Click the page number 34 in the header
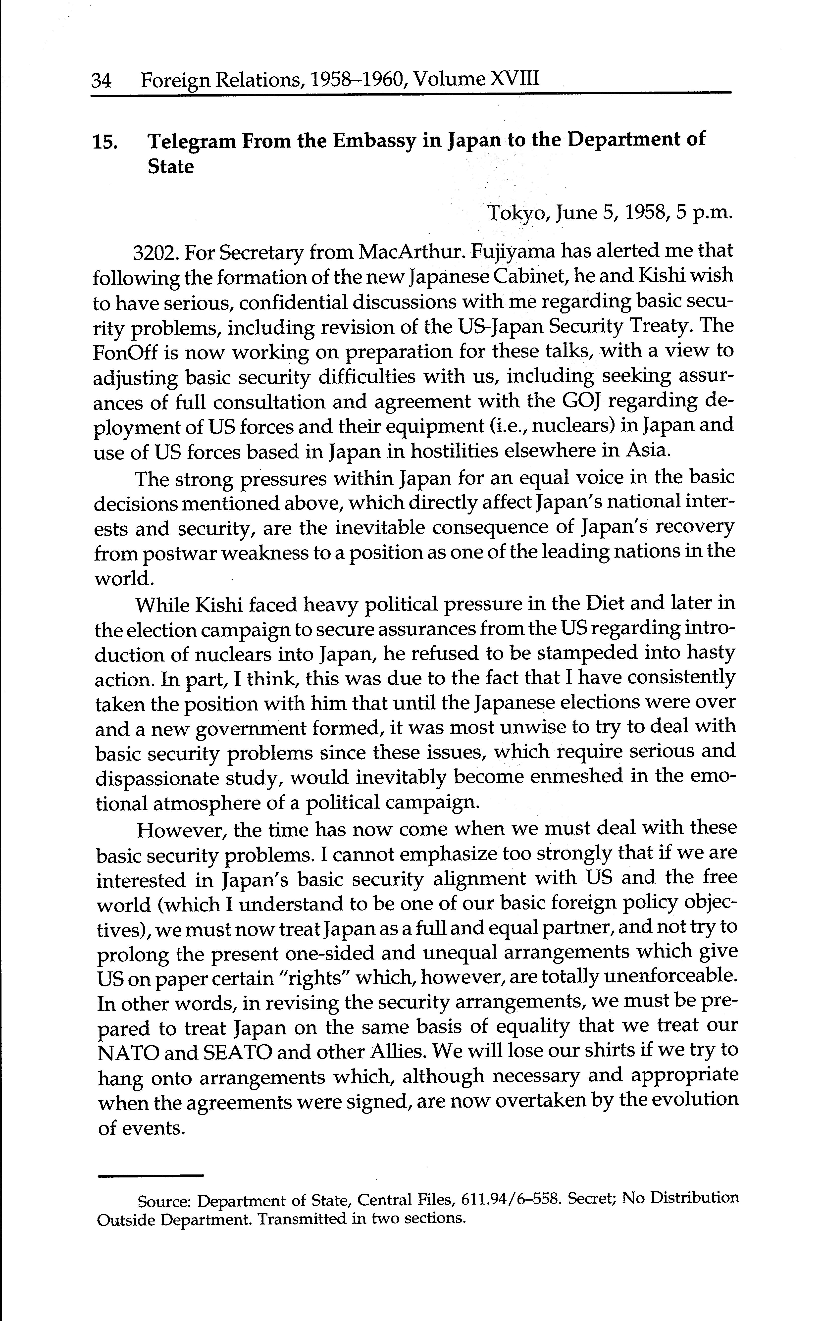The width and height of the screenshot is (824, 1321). coord(101,81)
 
